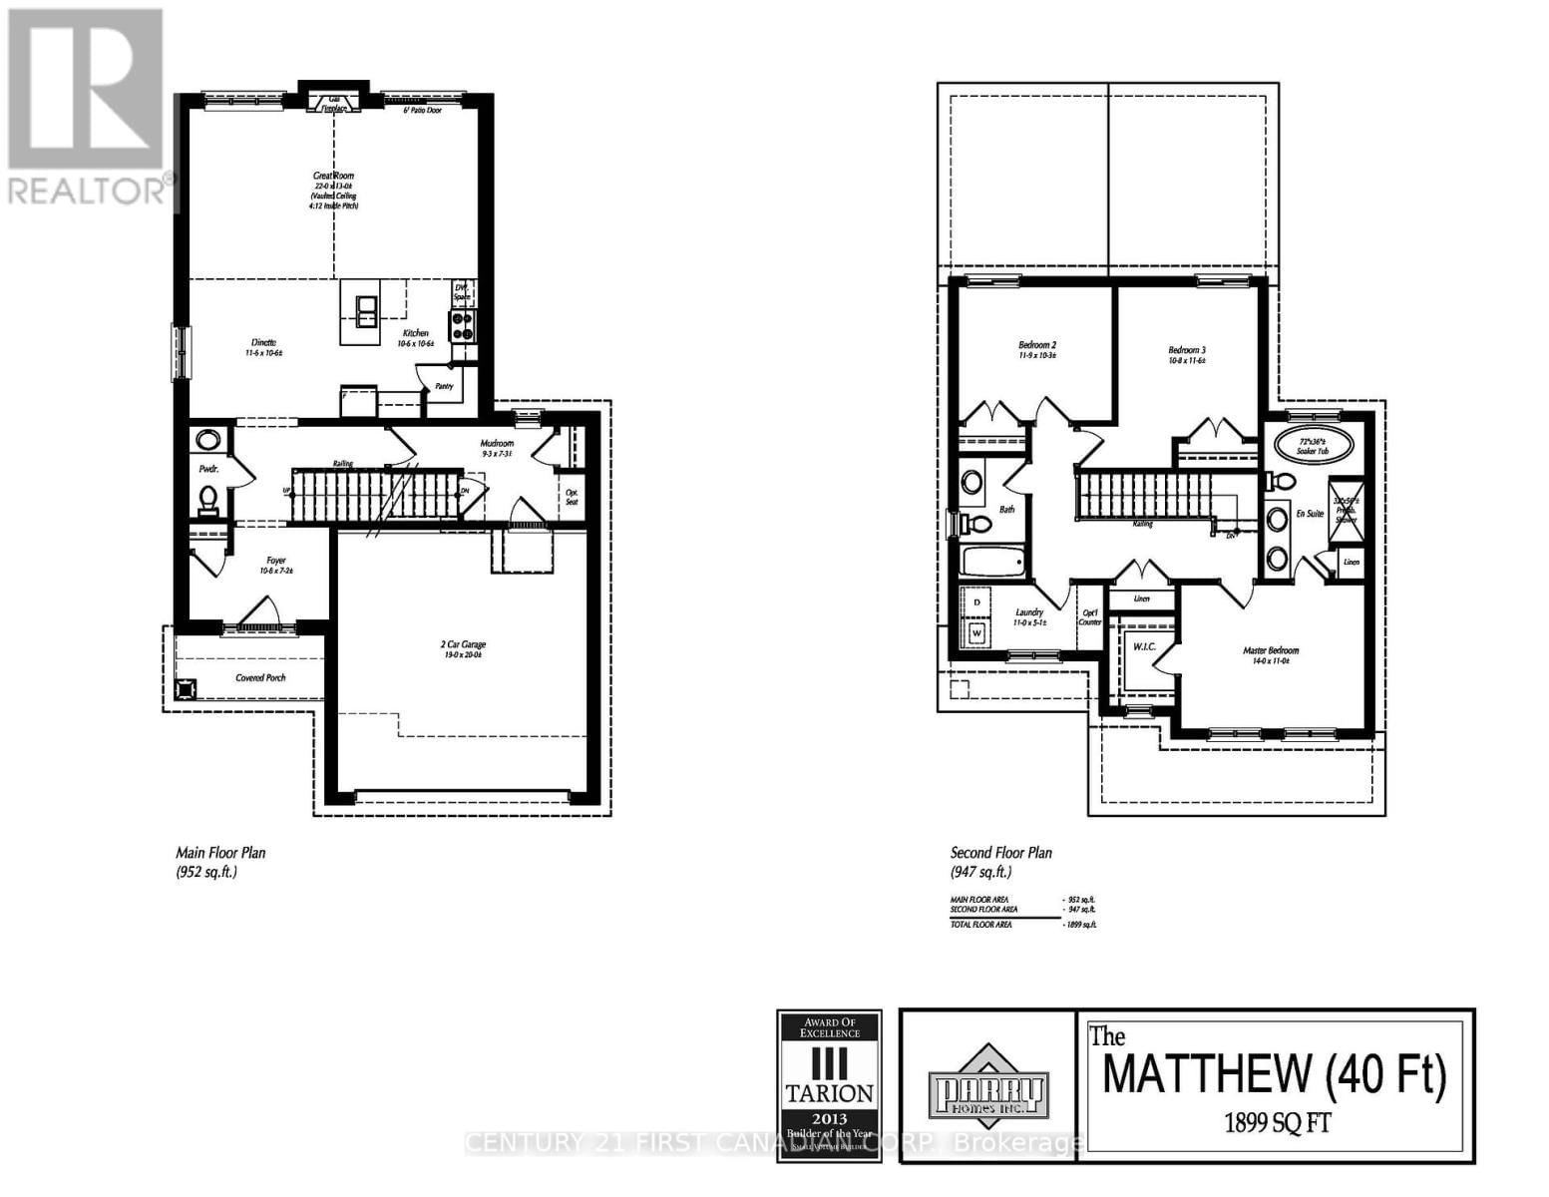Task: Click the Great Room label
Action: [334, 176]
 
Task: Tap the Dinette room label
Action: [264, 342]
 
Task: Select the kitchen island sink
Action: [366, 310]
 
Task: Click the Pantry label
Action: [444, 386]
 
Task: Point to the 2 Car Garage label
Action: [465, 645]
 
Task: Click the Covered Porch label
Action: [260, 678]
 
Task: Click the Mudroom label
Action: [496, 443]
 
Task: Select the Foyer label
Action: [276, 561]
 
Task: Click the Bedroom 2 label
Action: [1037, 345]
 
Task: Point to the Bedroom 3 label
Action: [1187, 350]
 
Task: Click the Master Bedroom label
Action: [1270, 650]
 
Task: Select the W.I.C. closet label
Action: [1143, 647]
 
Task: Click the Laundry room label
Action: [1029, 612]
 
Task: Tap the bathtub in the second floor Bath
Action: [993, 562]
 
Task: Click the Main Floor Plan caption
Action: [220, 853]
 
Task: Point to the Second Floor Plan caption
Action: [1000, 853]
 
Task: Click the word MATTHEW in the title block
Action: [1208, 1075]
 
